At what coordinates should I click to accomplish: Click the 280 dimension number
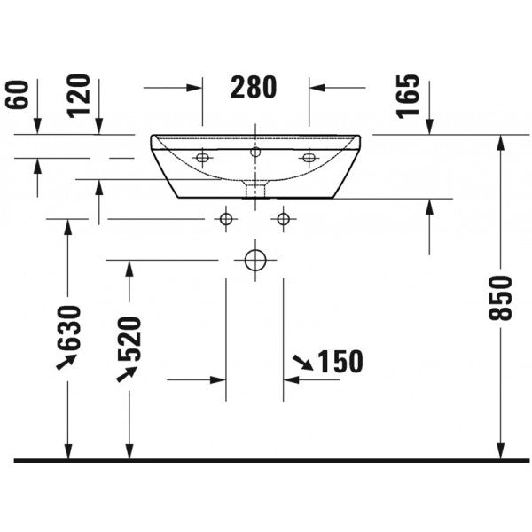254,87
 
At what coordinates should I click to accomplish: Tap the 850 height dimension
500,298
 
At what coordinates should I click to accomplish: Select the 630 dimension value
69,328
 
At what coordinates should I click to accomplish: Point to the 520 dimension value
129,339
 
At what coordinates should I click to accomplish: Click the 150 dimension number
340,362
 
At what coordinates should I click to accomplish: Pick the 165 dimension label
408,96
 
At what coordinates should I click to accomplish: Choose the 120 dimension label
79,96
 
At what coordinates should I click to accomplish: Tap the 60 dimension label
17,95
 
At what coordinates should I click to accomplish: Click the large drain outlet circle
255,260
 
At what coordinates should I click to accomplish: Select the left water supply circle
226,219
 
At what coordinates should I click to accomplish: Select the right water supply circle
284,219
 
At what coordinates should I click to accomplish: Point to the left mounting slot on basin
202,158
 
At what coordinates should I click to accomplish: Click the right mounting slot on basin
309,158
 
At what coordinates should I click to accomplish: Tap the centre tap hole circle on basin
255,152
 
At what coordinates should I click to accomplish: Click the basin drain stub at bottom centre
255,189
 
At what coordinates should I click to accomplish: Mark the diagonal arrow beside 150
303,362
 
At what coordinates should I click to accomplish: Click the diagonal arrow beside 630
66,362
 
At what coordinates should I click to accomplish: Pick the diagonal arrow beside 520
127,374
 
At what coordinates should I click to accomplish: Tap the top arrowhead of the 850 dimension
500,143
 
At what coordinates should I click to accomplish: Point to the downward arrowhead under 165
429,127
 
